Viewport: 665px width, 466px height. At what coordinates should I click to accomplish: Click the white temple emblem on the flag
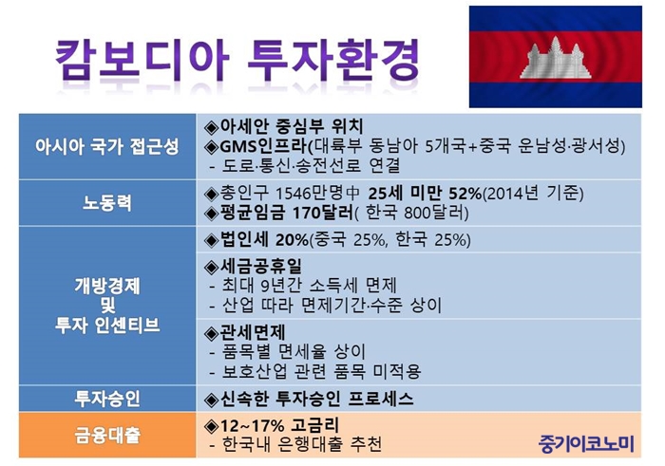coord(555,58)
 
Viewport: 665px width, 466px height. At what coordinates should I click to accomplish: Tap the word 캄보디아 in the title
coord(142,60)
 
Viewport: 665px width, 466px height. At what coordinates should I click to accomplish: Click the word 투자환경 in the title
coord(333,60)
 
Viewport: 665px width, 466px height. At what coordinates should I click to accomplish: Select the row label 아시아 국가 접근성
coord(106,146)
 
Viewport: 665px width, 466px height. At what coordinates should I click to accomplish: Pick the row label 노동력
coord(106,202)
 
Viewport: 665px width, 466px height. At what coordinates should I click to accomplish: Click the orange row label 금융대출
coord(106,435)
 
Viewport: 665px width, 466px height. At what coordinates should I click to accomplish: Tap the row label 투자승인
coord(106,399)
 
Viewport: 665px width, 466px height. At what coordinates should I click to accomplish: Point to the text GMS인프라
coord(262,146)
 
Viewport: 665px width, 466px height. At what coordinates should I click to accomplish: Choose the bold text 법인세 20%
coord(264,240)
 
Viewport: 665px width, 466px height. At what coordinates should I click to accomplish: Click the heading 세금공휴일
coord(261,266)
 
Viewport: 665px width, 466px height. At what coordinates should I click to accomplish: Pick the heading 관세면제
coord(253,332)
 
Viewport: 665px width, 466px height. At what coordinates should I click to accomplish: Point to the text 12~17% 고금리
coord(279,425)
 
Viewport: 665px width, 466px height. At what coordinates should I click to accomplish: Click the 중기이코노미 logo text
coord(586,443)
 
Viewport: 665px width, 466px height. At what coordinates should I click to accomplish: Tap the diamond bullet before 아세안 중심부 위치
coord(211,127)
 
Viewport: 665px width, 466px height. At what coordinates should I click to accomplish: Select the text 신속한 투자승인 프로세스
coord(316,399)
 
